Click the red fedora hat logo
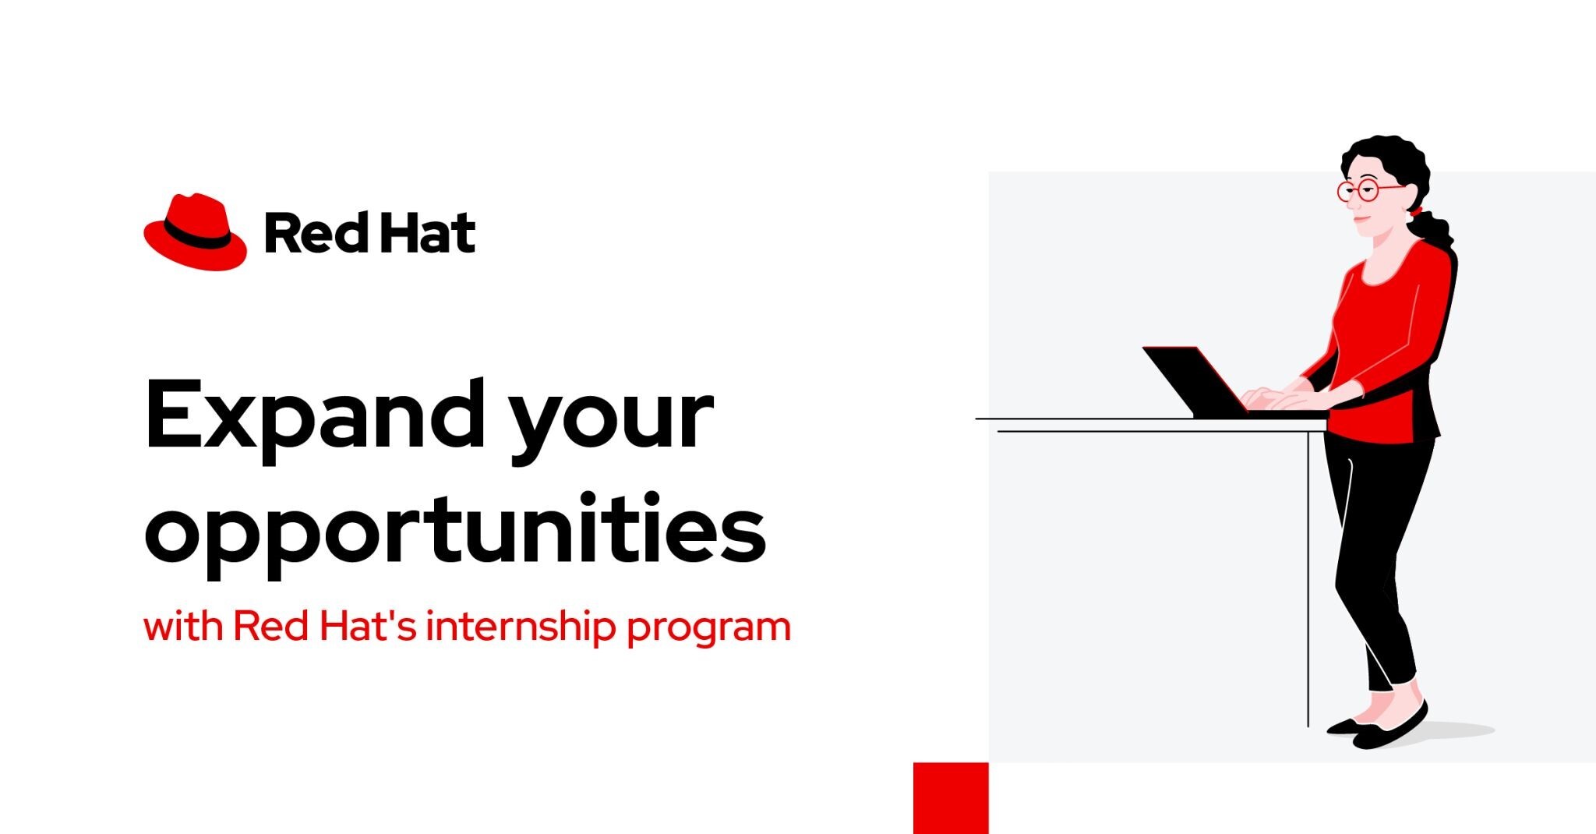click(195, 231)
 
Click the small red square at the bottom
click(951, 798)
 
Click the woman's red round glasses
click(1369, 189)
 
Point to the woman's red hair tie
click(1415, 210)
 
